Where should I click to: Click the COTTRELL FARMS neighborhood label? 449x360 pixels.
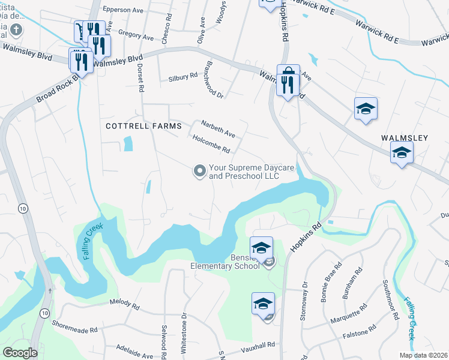[143, 126]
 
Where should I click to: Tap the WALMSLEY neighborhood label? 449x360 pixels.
[405, 138]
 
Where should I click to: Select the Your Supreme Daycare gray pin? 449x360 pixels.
[199, 172]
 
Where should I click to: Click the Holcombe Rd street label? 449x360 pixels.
[212, 143]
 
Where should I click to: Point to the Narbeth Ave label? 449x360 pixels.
[217, 127]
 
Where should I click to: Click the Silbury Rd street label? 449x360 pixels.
[183, 77]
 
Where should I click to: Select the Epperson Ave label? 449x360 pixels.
[123, 10]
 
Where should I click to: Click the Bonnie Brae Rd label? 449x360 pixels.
[333, 286]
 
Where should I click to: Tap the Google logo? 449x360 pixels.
[19, 353]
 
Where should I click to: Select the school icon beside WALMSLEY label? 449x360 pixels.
[402, 152]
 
